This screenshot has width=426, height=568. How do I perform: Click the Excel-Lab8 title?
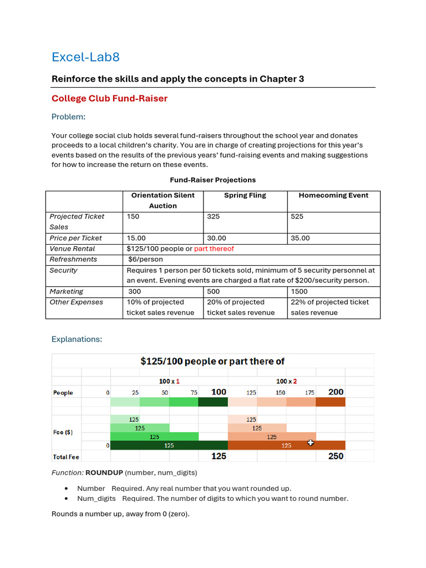pos(85,57)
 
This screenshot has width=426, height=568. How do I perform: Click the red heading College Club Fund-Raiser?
pos(109,99)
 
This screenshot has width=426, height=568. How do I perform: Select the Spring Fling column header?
pos(245,195)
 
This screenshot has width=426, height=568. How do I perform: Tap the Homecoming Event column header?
pos(333,195)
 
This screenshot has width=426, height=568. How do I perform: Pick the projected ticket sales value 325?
pos(213,217)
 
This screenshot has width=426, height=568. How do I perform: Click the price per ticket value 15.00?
pos(136,238)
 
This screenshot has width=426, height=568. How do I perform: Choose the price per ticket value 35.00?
pos(300,238)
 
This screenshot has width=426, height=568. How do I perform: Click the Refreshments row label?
pos(73,259)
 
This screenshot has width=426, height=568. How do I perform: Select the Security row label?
pos(63,270)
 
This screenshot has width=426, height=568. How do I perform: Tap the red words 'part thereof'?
pos(214,248)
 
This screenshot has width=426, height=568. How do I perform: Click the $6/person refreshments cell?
pos(145,259)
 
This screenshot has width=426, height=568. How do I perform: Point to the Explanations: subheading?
pos(77,339)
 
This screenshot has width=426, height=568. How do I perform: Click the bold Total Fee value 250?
pos(336,456)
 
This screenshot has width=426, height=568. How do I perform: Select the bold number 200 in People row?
pos(336,392)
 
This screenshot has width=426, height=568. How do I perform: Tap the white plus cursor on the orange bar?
pos(310,443)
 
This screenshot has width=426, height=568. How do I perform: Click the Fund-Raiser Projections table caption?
pos(212,180)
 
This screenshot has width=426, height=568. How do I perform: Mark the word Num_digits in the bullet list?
pos(94,498)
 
